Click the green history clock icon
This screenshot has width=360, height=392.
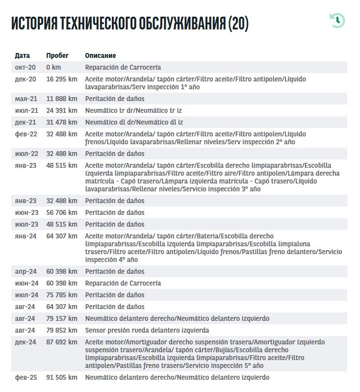pos(337,21)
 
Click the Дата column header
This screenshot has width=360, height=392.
pos(23,55)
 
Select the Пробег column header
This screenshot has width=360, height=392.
pos(57,55)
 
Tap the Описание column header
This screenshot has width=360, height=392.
pos(101,55)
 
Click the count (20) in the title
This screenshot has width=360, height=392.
pos(238,23)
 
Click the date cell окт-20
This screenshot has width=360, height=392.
pos(25,67)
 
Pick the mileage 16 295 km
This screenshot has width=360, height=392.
pos(62,79)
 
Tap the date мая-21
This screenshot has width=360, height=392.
pos(26,99)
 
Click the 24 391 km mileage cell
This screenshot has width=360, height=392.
pos(62,110)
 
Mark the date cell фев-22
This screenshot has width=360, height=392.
pos(26,134)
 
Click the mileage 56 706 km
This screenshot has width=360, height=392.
pos(62,212)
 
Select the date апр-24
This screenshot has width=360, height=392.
pos(26,271)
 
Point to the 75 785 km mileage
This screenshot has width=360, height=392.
pos(62,295)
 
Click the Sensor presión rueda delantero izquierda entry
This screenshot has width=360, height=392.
pos(147,330)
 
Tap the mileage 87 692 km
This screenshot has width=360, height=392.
pos(62,342)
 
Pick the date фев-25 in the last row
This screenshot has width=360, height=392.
pos(26,377)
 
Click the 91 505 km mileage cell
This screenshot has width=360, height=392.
pos(62,377)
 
